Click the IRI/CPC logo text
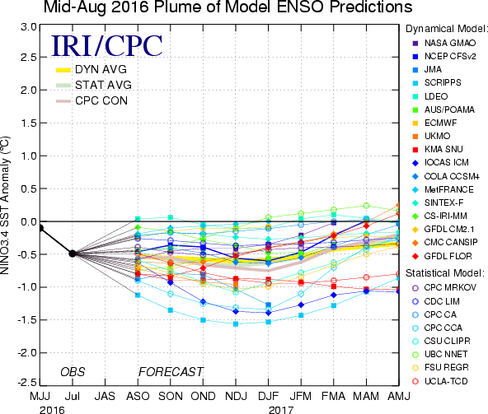pyautogui.click(x=107, y=46)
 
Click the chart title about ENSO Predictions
pyautogui.click(x=228, y=7)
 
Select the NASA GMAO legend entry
pyautogui.click(x=444, y=43)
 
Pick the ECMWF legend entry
pyautogui.click(x=434, y=123)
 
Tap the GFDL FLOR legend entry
pyautogui.click(x=442, y=256)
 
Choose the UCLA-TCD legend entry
pyautogui.click(x=440, y=381)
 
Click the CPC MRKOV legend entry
pyautogui.click(x=444, y=288)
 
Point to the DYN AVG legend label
pyautogui.click(x=101, y=69)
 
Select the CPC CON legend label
pyautogui.click(x=101, y=100)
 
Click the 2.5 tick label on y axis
pyautogui.click(x=29, y=57)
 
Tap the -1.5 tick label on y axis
pyautogui.click(x=26, y=320)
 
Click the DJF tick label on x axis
pyautogui.click(x=268, y=396)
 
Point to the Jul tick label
pyautogui.click(x=73, y=396)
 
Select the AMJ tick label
pyautogui.click(x=399, y=396)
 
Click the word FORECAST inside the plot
pyautogui.click(x=171, y=372)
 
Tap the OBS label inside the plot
pyautogui.click(x=73, y=372)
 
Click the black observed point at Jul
pyautogui.click(x=73, y=254)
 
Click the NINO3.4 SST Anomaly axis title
pyautogui.click(x=5, y=205)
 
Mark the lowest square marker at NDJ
pyautogui.click(x=236, y=323)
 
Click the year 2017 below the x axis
pyautogui.click(x=281, y=410)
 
